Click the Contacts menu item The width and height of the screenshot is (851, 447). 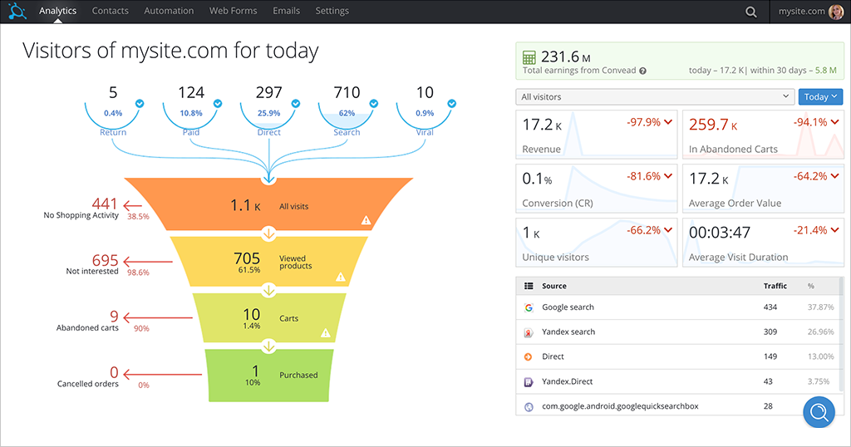pos(110,11)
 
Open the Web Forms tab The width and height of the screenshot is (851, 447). pos(233,11)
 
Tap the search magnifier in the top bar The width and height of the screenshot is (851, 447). pos(751,12)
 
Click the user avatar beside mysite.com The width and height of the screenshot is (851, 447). pos(836,12)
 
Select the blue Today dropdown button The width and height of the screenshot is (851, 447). pos(820,97)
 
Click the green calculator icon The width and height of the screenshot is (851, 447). pos(529,58)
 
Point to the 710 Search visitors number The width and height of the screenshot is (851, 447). pos(347,92)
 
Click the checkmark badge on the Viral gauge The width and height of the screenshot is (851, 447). pos(451,104)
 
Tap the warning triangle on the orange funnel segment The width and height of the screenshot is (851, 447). pos(365,220)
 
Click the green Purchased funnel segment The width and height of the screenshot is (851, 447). pos(268,375)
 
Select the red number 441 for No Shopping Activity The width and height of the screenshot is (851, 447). pos(106,204)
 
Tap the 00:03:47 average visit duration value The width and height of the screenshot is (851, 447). pos(720,233)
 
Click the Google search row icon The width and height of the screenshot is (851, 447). pos(529,307)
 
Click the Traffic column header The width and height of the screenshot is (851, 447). pos(775,286)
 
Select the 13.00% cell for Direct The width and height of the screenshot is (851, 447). pos(820,356)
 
